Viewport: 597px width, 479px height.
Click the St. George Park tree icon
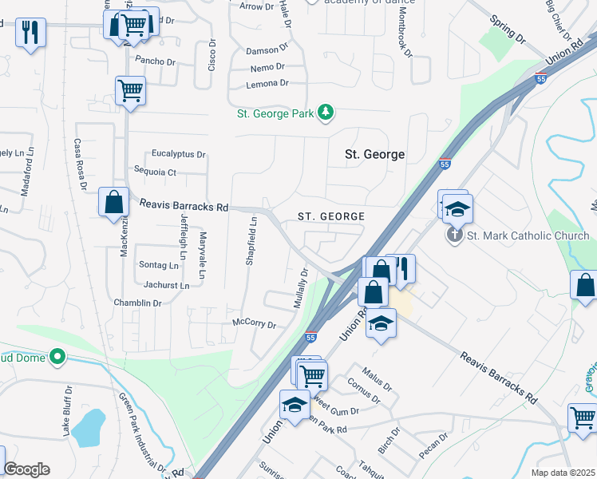point(325,113)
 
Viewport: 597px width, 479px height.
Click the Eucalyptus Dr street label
point(179,154)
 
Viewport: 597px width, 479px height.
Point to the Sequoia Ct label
point(155,172)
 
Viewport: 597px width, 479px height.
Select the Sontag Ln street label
point(160,265)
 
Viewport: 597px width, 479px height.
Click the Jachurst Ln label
point(166,285)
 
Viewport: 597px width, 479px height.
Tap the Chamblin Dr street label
point(137,303)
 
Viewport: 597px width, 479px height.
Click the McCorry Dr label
point(253,325)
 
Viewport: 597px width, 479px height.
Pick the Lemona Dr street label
point(267,83)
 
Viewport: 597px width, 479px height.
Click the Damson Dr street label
point(266,50)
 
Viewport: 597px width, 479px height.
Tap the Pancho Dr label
point(155,61)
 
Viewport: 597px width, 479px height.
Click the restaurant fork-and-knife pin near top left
point(30,33)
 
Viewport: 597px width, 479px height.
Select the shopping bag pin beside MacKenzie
point(113,202)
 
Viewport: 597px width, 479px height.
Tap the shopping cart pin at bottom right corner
point(583,418)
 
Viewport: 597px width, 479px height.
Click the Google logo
point(26,469)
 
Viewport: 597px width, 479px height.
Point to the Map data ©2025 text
point(562,473)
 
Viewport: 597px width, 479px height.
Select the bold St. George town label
point(374,154)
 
